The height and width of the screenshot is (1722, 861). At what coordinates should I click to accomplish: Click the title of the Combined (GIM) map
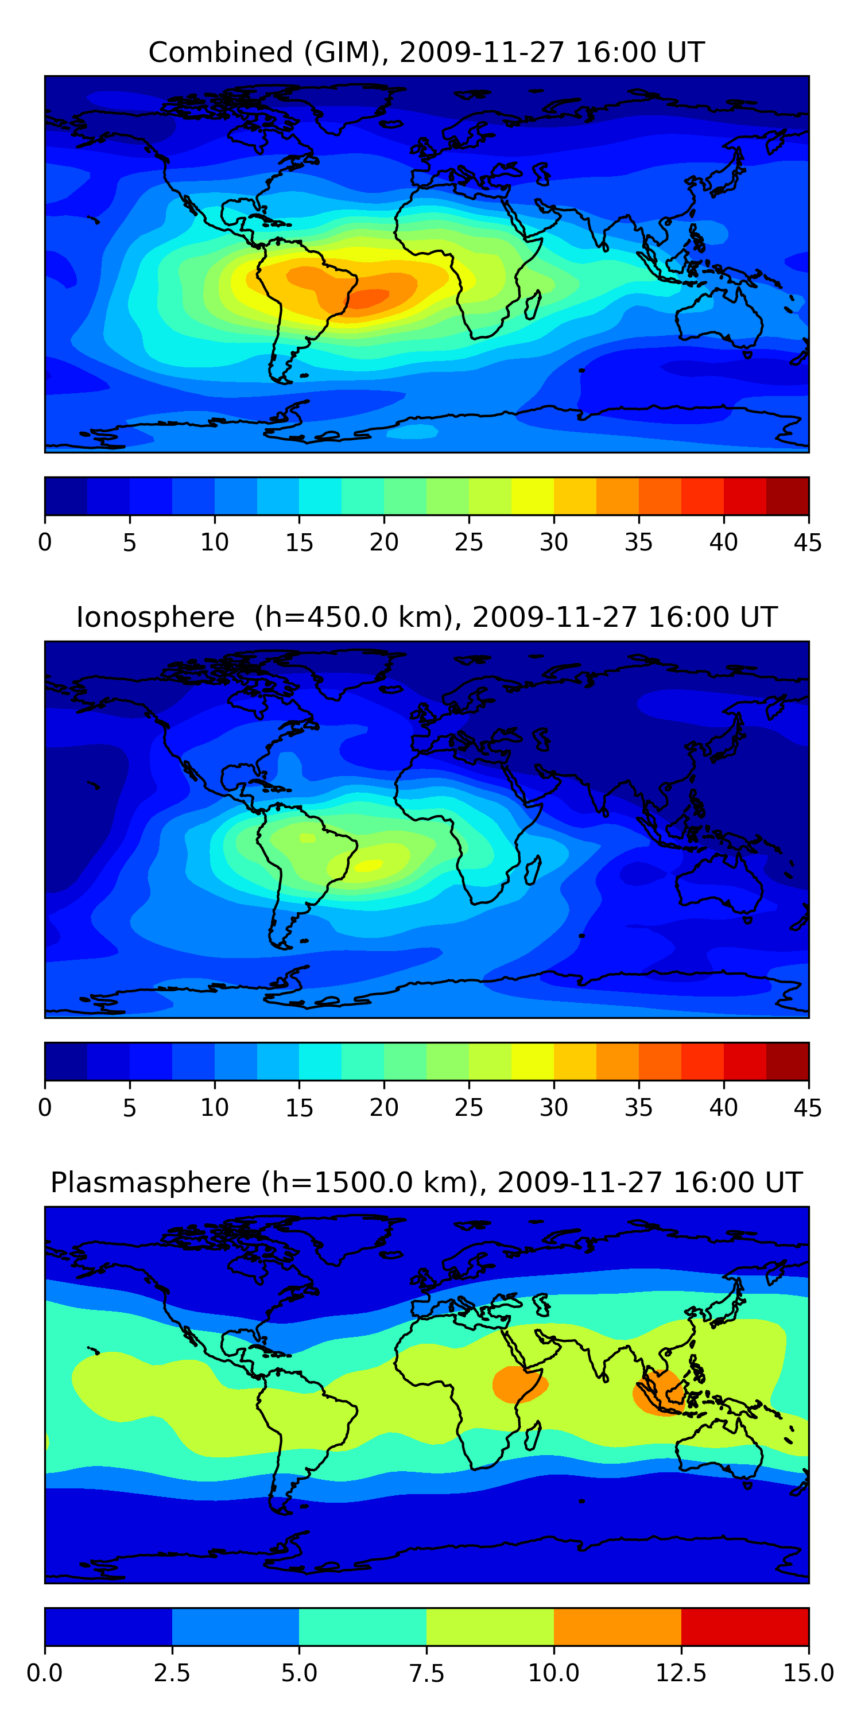(426, 52)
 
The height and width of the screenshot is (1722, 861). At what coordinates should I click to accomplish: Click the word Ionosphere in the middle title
(155, 617)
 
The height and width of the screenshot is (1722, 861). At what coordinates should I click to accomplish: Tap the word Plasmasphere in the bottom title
(150, 1182)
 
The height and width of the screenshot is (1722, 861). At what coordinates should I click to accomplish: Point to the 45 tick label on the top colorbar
(808, 542)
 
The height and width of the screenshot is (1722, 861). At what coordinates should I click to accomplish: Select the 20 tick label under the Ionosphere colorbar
(383, 1108)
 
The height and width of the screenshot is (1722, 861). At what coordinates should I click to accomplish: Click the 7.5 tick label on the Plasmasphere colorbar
(426, 1673)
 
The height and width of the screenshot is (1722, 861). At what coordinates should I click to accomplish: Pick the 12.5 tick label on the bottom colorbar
(681, 1673)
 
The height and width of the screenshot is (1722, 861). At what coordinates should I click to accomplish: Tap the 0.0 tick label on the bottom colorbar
(45, 1673)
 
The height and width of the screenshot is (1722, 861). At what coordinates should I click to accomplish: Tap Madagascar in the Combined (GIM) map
(533, 305)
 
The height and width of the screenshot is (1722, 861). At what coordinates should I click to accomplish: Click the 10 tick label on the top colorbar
(214, 542)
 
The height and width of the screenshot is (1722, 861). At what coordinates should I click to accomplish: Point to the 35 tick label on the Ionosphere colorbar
(638, 1108)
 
